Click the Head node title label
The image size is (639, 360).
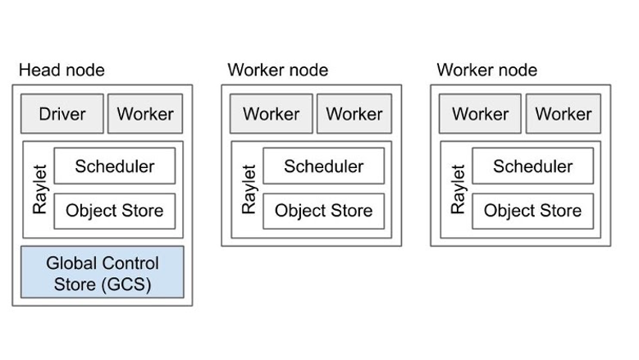click(x=62, y=71)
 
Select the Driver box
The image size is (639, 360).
click(x=62, y=114)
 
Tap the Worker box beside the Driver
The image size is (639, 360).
click(x=145, y=114)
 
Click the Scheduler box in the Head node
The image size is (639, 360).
click(x=115, y=166)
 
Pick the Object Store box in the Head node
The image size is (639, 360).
click(x=115, y=211)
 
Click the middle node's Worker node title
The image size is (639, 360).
click(x=277, y=71)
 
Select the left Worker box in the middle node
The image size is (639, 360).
click(x=272, y=114)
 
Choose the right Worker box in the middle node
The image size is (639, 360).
click(x=354, y=114)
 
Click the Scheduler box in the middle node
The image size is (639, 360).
click(x=323, y=166)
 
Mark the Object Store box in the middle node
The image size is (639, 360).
click(x=323, y=211)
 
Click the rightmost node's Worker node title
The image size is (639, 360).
click(x=486, y=71)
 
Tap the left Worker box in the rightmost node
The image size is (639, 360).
click(x=481, y=114)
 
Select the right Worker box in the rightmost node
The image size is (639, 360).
click(x=564, y=114)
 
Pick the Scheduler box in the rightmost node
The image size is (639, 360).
click(x=532, y=166)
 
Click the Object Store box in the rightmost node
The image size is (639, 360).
click(x=532, y=211)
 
